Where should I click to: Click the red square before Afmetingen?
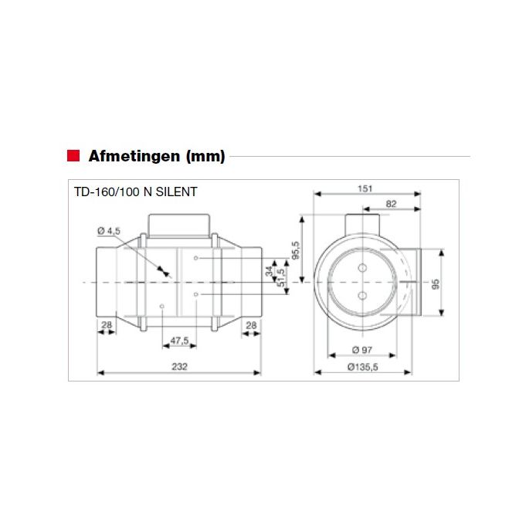(73, 155)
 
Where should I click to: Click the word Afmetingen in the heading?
(135, 156)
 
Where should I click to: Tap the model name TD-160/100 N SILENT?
(135, 193)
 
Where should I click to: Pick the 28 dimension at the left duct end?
(107, 326)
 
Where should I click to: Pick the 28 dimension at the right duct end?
(251, 326)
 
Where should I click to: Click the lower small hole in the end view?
(361, 295)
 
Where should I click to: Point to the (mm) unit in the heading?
(206, 156)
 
